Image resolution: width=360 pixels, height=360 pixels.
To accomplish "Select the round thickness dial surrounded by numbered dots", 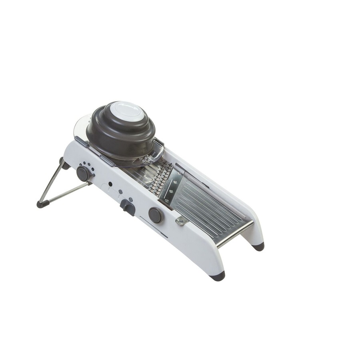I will click(x=83, y=173).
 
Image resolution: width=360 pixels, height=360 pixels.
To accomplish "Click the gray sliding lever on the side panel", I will click(x=128, y=207).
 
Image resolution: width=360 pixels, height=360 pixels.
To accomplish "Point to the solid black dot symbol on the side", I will click(x=110, y=184).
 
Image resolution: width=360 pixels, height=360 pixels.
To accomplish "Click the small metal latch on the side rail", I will click(x=181, y=220).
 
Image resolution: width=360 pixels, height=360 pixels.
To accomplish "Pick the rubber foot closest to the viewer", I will click(x=218, y=276).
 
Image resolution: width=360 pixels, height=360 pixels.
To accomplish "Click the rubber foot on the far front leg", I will click(x=258, y=246).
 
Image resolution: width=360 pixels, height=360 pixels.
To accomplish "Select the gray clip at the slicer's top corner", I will click(x=81, y=141).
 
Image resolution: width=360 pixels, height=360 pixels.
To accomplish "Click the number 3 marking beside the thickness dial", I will click(x=93, y=169).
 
